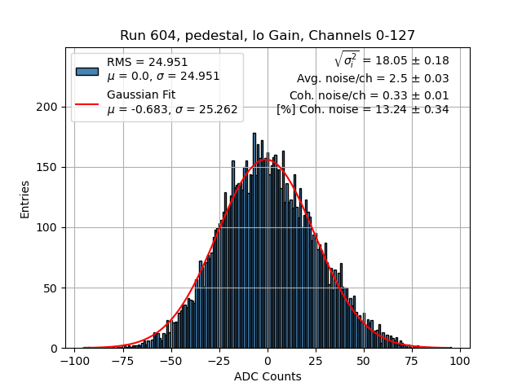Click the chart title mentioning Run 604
[268, 36]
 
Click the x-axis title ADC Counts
[268, 376]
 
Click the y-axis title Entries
[25, 198]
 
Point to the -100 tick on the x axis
[75, 360]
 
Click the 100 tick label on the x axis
[460, 360]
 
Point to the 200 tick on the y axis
[50, 107]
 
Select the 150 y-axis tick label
[50, 167]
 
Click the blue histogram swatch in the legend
[87, 70]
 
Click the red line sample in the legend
[87, 103]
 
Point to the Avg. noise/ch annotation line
[373, 79]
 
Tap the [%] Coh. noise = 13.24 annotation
[362, 109]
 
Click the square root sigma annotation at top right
[391, 60]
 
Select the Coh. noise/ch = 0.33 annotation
[369, 95]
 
